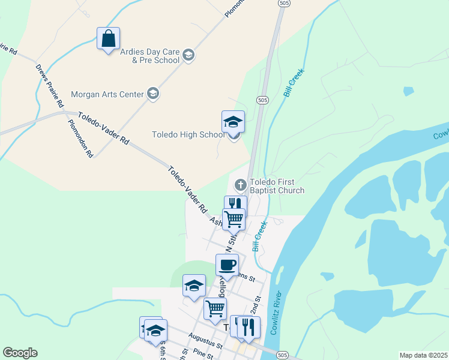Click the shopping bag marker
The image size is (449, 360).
tap(108, 39)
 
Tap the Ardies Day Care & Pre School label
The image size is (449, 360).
tap(150, 56)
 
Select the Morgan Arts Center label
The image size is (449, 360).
tap(107, 94)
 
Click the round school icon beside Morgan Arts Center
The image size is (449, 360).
tap(152, 94)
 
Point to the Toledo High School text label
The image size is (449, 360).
tap(188, 134)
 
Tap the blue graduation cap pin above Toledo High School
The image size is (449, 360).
tap(233, 122)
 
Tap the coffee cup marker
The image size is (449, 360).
tap(227, 265)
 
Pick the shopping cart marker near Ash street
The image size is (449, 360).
tap(234, 219)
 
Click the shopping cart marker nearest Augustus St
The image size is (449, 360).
tap(215, 309)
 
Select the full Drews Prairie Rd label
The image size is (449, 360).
tap(49, 85)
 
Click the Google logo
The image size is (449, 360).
tap(20, 353)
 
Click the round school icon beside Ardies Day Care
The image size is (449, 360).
tap(188, 56)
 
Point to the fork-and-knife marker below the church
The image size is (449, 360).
tap(235, 204)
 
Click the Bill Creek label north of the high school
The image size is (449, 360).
tap(294, 83)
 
